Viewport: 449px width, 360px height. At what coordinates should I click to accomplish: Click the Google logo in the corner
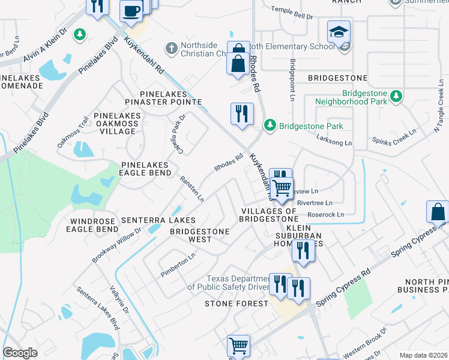click(x=20, y=353)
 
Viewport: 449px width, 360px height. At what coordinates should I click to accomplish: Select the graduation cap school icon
click(x=339, y=31)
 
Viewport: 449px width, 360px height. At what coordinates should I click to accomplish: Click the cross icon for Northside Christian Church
click(x=171, y=48)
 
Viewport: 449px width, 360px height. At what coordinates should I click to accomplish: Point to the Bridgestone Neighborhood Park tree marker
click(x=396, y=96)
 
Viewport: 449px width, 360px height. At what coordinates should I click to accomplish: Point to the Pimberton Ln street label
click(x=178, y=265)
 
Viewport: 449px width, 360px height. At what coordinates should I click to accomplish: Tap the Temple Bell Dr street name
click(x=292, y=13)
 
